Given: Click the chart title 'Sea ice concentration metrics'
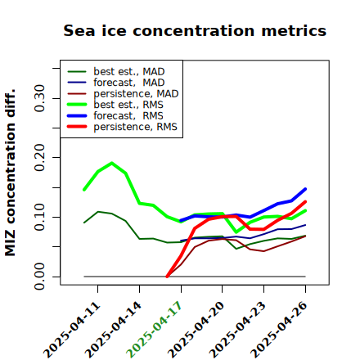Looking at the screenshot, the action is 195,30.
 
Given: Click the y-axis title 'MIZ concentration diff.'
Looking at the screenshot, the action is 10,173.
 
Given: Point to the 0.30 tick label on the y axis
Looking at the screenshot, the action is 40,98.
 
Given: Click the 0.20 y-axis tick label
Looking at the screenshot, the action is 40,158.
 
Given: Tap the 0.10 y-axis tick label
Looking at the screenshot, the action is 40,217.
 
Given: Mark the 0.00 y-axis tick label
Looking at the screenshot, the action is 40,277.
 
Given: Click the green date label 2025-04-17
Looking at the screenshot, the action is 154,329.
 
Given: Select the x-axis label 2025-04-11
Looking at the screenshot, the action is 71,330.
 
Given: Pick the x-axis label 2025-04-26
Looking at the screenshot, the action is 279,330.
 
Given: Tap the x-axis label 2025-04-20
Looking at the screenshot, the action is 196,330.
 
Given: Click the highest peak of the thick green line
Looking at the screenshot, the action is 112,163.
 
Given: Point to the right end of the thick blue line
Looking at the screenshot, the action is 305,189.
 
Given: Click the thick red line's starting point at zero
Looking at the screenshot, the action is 167,277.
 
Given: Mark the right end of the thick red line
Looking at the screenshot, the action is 305,202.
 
